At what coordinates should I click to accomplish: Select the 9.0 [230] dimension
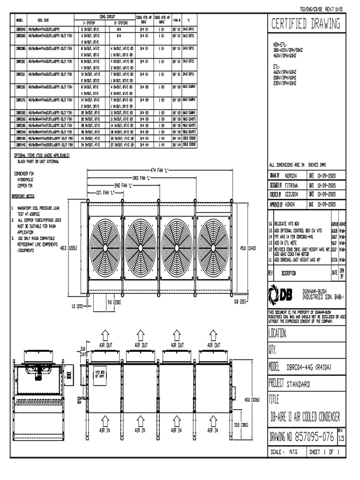tap(115, 302)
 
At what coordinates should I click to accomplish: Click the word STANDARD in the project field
tap(298, 384)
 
